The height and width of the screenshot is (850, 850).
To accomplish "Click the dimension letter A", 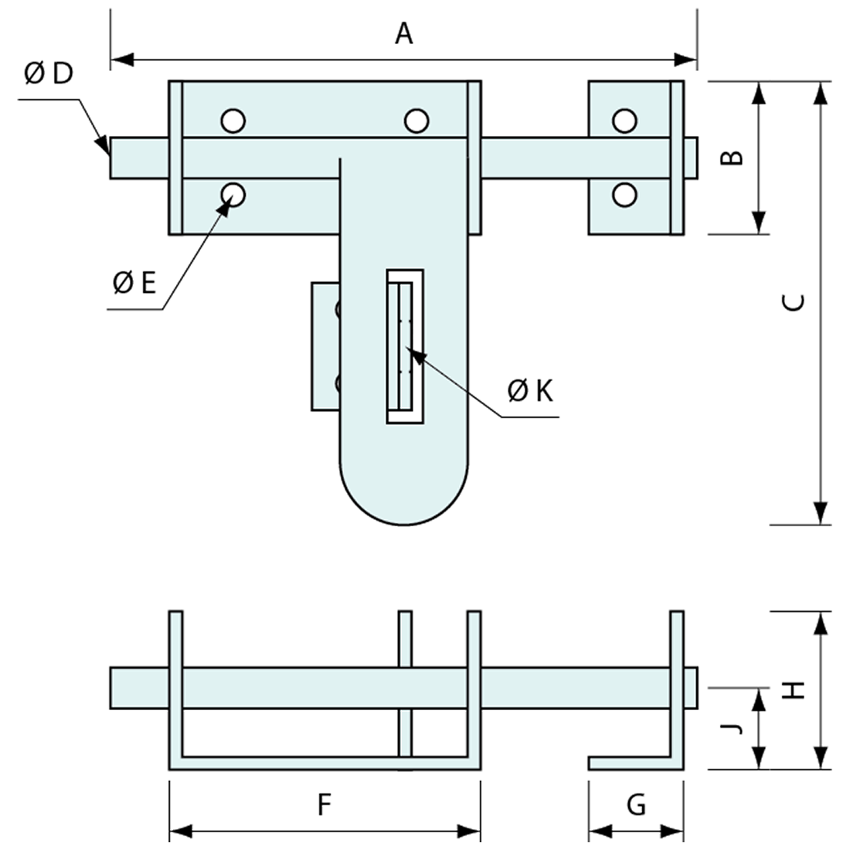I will click(404, 34).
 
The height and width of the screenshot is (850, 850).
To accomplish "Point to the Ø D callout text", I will click(48, 74).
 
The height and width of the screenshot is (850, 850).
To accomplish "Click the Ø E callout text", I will click(134, 284).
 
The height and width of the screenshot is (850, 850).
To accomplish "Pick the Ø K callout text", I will click(531, 391).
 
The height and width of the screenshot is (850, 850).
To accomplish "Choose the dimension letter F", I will click(325, 805).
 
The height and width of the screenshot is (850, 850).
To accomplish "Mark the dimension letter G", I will click(636, 805).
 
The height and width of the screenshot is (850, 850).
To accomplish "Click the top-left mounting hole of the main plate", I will click(233, 121).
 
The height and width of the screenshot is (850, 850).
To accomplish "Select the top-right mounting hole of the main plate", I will click(416, 121).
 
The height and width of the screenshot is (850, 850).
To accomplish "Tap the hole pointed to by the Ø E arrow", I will click(233, 194).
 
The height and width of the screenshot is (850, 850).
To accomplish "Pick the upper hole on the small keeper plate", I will click(624, 121).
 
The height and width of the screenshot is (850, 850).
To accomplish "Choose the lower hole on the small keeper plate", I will click(624, 194).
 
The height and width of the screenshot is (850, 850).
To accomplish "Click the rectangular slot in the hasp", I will click(405, 346).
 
